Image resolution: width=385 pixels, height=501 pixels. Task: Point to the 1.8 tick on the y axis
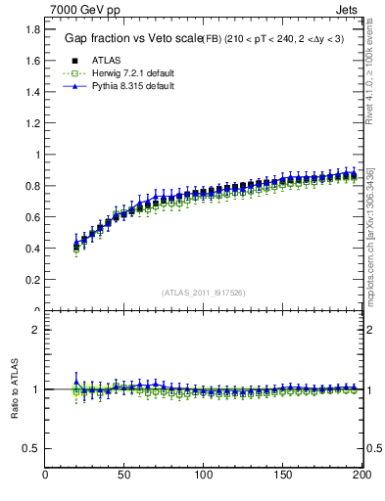click(31, 29)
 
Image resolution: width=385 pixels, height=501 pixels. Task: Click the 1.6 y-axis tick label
click(31, 61)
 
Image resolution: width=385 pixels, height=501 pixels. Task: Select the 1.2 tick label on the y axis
click(31, 123)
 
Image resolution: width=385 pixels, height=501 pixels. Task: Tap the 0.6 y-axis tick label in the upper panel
click(31, 217)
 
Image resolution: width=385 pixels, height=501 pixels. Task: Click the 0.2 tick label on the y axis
click(31, 280)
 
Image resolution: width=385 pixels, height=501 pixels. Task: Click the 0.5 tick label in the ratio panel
click(31, 448)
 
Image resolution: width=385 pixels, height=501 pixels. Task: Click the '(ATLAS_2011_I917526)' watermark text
click(204, 292)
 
